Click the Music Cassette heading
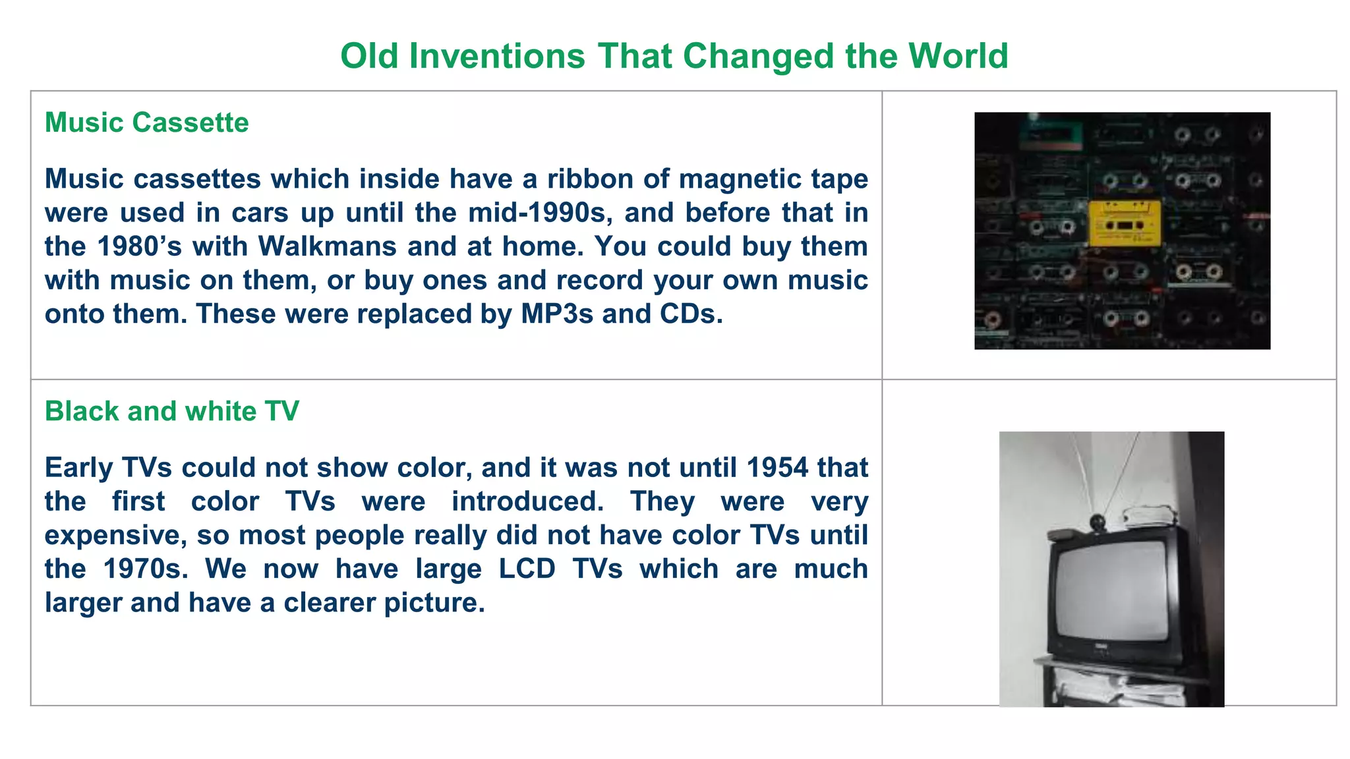pos(146,123)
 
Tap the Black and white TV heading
pos(171,411)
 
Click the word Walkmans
pos(328,246)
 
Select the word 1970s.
pos(145,569)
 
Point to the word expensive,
pos(115,535)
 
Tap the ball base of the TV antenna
pos(1097,522)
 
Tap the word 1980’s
pos(139,246)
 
